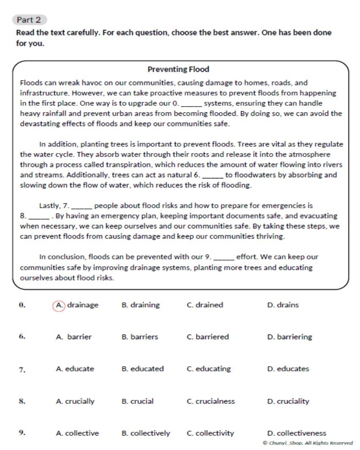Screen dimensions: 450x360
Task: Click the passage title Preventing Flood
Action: tap(178, 69)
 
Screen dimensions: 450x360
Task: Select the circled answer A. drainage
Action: tap(76, 305)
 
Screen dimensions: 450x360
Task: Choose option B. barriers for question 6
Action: tap(140, 337)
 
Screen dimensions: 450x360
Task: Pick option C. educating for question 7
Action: tap(209, 369)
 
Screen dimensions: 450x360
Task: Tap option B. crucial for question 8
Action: tap(137, 401)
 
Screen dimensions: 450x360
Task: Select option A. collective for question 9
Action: tap(77, 433)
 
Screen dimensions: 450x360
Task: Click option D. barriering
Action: tap(289, 337)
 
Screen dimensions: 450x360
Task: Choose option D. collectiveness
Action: tap(297, 433)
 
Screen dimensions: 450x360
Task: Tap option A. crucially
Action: tap(75, 401)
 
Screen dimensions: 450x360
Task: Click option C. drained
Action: tap(205, 305)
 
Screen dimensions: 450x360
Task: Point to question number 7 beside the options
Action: tap(22, 370)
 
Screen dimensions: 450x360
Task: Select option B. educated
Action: tap(142, 369)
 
